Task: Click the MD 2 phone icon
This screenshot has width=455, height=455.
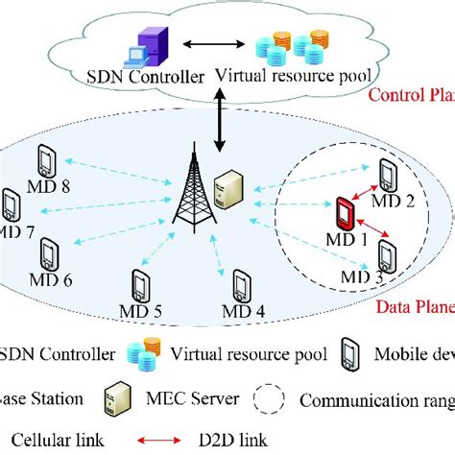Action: click(x=387, y=176)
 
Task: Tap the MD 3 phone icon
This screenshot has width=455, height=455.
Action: click(x=387, y=257)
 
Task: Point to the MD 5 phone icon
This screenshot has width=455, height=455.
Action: click(x=141, y=286)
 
